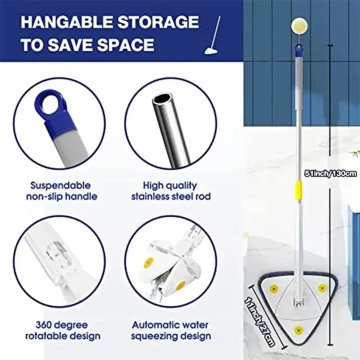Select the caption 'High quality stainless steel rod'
pyautogui.click(x=170, y=190)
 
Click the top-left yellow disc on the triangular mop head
pyautogui.click(x=274, y=288)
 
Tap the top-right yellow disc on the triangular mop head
pyautogui.click(x=322, y=288)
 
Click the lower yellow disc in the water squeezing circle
pyautogui.click(x=180, y=285)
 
